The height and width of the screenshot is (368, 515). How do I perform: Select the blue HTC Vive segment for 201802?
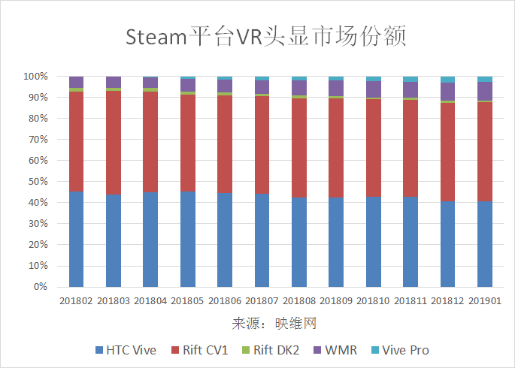tap(76, 239)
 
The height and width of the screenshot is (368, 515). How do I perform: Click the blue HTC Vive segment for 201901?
tap(485, 243)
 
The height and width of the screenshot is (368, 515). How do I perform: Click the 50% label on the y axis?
tap(38, 182)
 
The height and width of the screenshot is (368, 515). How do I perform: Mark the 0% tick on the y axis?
tap(41, 287)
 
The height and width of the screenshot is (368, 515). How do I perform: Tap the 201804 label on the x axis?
tap(150, 300)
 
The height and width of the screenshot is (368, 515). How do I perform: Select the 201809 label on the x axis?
tap(336, 300)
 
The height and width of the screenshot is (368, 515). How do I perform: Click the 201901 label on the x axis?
tap(485, 300)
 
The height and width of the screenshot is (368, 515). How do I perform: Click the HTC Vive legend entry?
tap(125, 350)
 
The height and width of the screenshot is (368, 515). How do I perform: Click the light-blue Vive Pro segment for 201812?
tap(447, 80)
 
